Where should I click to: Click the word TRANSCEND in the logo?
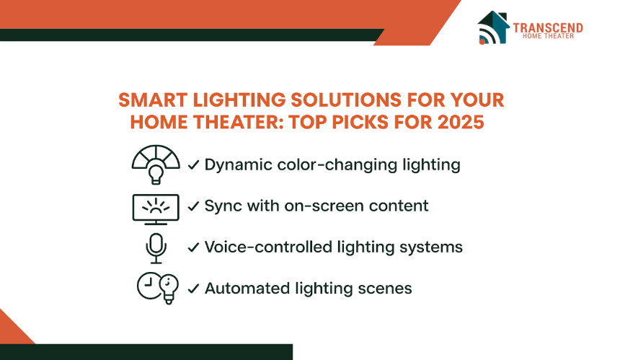[x=548, y=27]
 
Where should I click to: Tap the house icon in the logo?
[x=493, y=27]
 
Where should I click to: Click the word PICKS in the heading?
[x=360, y=122]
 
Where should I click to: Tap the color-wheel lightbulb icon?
[x=156, y=164]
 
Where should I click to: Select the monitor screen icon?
[x=156, y=210]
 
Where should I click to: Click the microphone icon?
[x=156, y=248]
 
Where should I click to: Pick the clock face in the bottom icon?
[x=149, y=285]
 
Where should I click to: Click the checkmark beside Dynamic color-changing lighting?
[x=193, y=164]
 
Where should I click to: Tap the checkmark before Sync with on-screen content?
[x=193, y=206]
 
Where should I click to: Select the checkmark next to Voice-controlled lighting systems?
[x=193, y=247]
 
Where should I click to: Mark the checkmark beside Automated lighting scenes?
[x=193, y=289]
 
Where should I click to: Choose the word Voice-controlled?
[x=268, y=247]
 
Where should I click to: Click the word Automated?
[x=247, y=289]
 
